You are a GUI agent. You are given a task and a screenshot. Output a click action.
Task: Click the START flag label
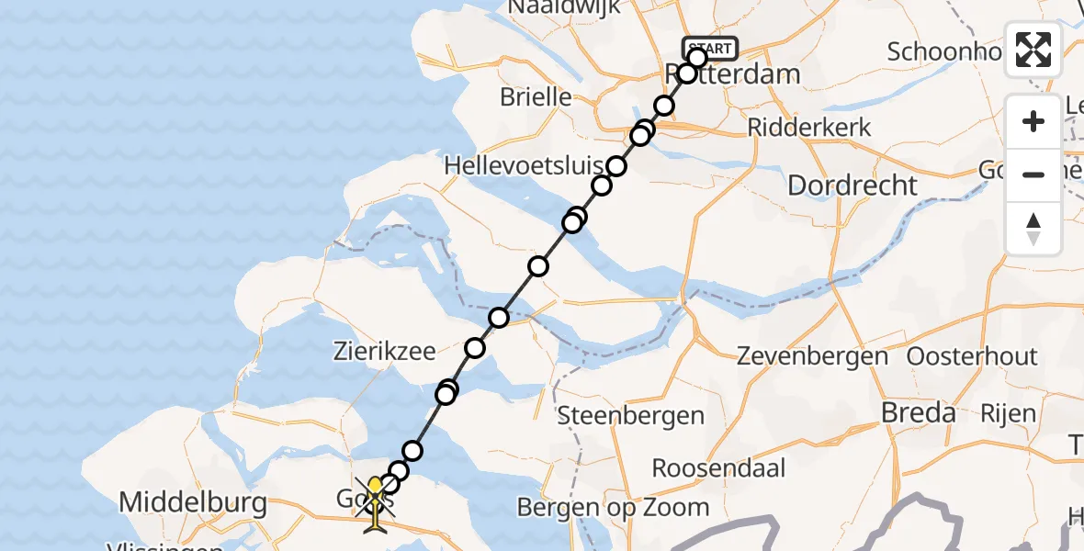tap(709, 49)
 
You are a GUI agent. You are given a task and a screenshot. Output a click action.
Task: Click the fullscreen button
tap(1033, 50)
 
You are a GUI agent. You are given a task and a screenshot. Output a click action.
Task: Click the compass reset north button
tap(1033, 228)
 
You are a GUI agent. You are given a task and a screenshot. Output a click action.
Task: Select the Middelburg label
tap(194, 503)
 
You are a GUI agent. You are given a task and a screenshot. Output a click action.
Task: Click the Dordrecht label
tap(853, 186)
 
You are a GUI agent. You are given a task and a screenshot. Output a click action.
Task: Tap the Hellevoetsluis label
tap(524, 166)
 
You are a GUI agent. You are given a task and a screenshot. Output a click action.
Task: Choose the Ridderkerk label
tap(809, 127)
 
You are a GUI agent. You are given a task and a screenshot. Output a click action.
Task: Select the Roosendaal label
tap(718, 468)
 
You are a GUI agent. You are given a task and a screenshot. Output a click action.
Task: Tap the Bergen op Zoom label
tap(613, 507)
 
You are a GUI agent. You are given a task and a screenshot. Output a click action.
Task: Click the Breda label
tap(918, 413)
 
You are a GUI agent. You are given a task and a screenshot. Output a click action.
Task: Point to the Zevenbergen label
tap(812, 356)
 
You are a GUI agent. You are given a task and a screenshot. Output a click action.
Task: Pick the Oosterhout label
tap(972, 356)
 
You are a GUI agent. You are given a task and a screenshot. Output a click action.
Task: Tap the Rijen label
tap(1008, 414)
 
